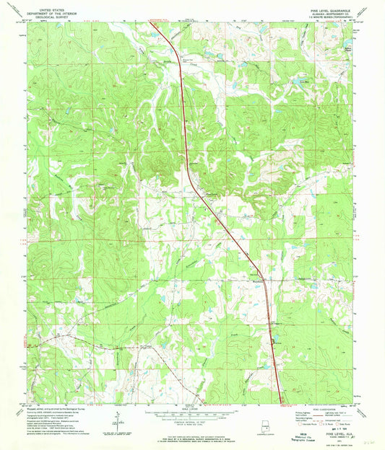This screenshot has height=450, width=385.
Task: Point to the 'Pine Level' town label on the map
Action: click(212, 193)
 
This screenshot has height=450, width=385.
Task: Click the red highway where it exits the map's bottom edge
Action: click(281, 401)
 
